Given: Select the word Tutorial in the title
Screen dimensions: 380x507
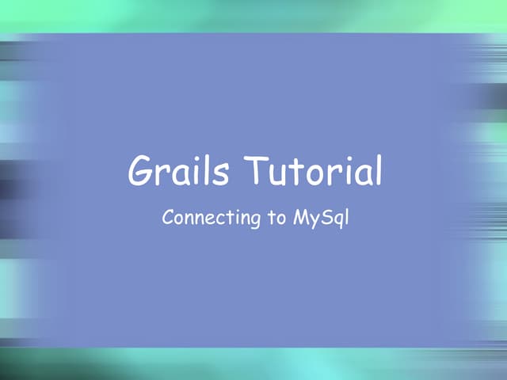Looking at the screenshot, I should click(313, 171).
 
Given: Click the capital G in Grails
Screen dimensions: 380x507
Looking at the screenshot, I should click(141, 170).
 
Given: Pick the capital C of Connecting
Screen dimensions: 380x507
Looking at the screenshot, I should click(167, 217).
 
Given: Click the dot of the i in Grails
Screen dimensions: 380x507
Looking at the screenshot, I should click(197, 161).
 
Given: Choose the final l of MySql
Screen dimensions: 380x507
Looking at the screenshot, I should click(345, 215).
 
